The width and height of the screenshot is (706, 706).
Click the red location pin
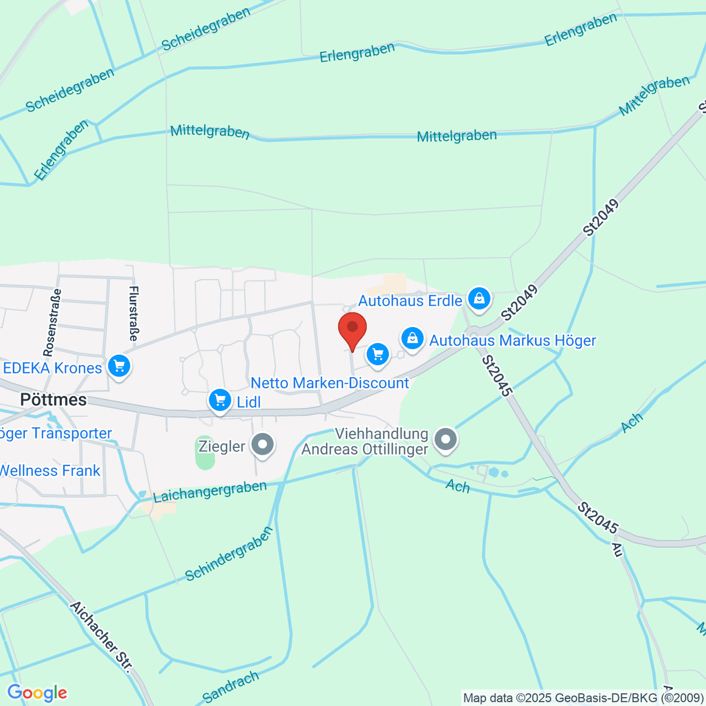352,330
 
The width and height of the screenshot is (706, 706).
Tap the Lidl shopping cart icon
220,401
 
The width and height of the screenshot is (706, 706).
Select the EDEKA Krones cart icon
119,366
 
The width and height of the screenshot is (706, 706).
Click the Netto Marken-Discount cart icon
378,354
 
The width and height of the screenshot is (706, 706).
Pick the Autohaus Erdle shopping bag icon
479,298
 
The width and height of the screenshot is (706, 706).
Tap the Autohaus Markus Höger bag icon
413,338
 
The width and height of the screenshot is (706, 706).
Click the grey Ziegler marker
262,445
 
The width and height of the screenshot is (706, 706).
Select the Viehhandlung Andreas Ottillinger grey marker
445,439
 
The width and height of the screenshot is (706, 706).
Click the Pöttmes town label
53,400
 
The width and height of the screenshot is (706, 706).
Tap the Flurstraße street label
134,314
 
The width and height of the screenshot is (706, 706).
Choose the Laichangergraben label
210,491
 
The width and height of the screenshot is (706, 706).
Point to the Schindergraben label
229,554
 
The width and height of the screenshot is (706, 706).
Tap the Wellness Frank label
50,471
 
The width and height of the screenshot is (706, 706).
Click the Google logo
36,693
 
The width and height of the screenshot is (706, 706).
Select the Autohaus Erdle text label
410,301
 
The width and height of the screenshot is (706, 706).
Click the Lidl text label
248,402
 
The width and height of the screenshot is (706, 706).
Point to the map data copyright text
583,698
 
